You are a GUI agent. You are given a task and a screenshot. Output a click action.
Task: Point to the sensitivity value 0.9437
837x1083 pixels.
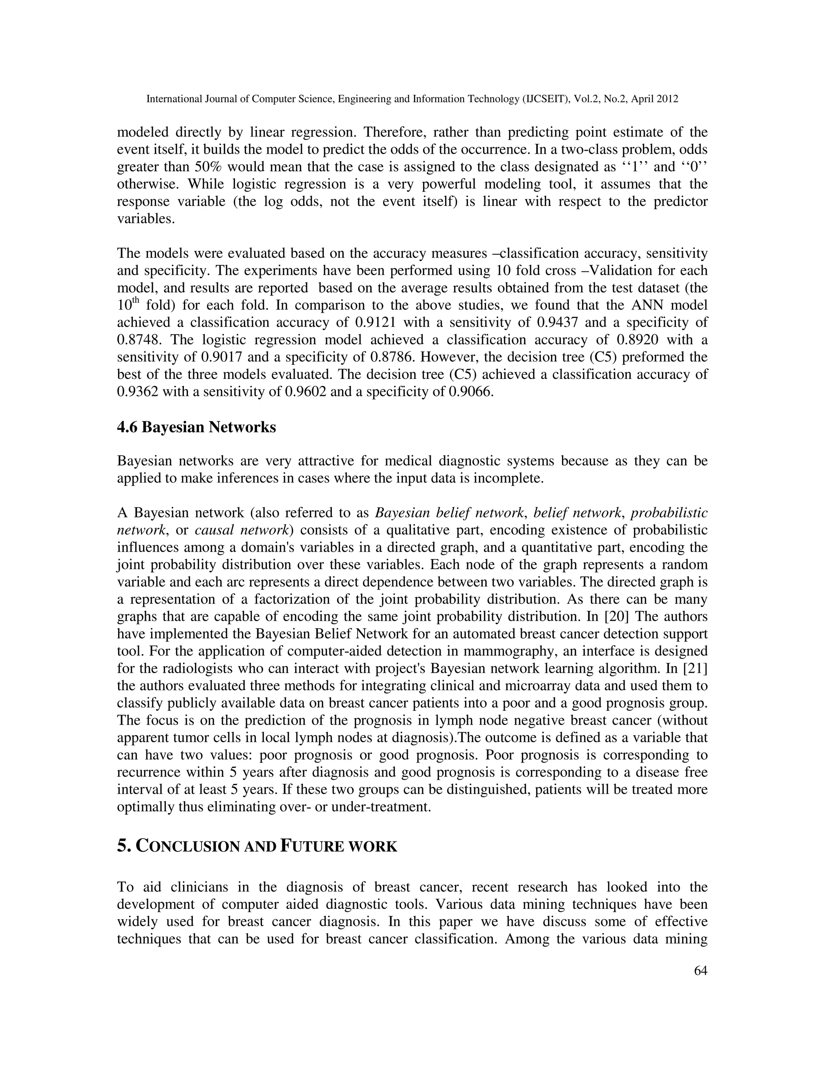(557, 323)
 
